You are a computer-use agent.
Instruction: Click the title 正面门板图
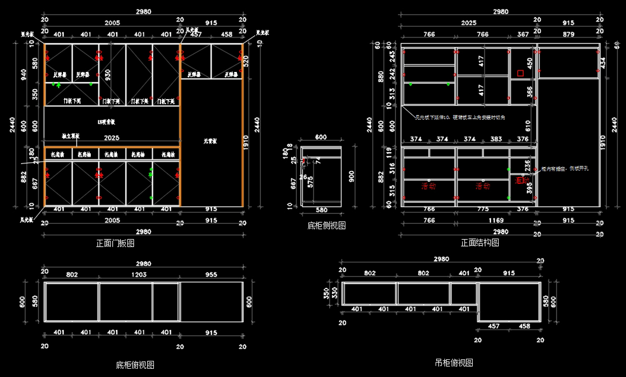click(x=115, y=243)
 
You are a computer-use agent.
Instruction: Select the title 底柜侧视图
click(x=327, y=225)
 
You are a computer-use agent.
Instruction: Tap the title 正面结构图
click(x=480, y=242)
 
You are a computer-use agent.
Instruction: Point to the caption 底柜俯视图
click(x=135, y=364)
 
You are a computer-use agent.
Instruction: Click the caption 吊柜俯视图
click(x=454, y=362)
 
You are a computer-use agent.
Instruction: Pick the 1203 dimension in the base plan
click(x=139, y=274)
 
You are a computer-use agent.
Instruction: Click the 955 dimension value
click(x=211, y=274)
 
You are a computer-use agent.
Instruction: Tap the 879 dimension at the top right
click(x=569, y=34)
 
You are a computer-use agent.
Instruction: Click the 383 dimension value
click(x=496, y=139)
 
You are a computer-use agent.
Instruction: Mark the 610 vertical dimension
click(x=528, y=126)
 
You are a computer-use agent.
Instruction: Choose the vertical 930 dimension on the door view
click(x=108, y=75)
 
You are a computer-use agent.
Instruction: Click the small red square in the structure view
click(x=520, y=74)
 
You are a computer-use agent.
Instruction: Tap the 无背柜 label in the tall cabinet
click(x=210, y=141)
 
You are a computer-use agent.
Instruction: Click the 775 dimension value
click(x=483, y=209)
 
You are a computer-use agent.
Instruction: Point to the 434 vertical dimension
click(x=604, y=63)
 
